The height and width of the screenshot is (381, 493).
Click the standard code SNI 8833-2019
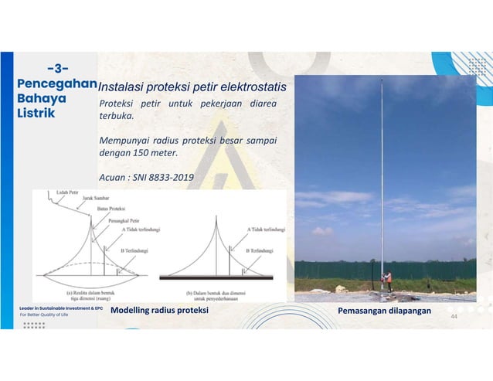[163, 178]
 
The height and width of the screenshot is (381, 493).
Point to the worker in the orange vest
[389, 279]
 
